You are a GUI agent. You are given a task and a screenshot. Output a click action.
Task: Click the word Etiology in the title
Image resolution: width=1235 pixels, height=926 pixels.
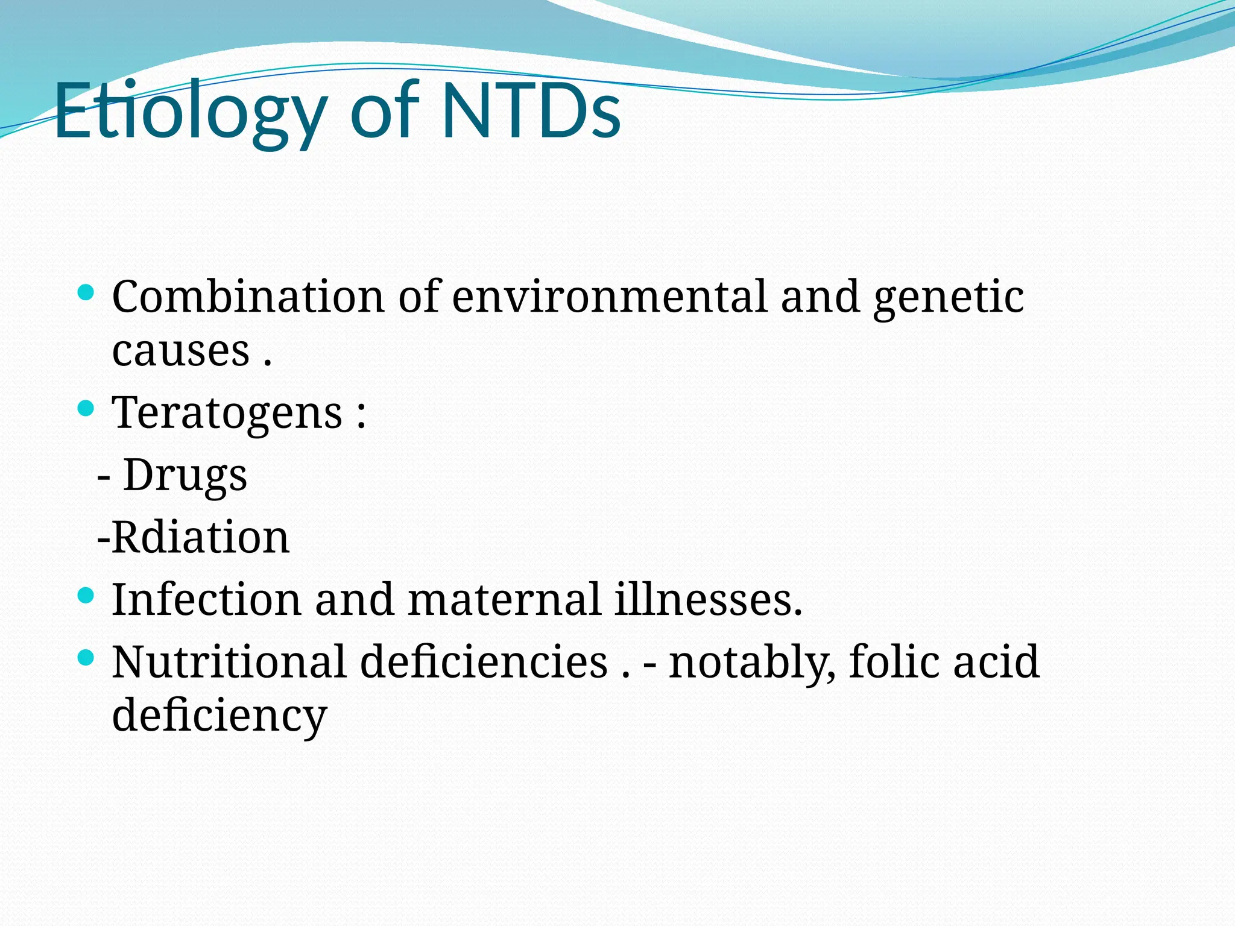(x=190, y=112)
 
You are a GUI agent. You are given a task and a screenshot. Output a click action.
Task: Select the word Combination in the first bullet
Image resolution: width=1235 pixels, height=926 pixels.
(x=248, y=297)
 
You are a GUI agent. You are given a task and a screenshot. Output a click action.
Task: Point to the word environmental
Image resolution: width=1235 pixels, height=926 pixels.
(x=610, y=297)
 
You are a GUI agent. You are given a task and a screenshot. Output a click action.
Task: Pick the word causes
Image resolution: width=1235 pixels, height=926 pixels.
(x=181, y=350)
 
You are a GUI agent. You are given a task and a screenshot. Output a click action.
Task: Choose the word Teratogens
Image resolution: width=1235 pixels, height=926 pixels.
(x=228, y=413)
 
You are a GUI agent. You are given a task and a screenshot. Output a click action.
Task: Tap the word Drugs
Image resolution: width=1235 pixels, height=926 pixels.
(x=185, y=476)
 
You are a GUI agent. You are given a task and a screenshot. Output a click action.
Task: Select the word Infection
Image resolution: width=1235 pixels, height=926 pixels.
(x=206, y=600)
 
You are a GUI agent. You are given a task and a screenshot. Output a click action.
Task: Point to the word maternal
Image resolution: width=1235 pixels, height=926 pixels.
(x=504, y=600)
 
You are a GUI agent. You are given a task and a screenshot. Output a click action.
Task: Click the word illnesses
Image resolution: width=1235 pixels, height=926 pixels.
(x=708, y=600)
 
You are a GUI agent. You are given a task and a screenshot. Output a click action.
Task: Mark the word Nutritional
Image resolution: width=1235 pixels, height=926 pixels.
(x=229, y=662)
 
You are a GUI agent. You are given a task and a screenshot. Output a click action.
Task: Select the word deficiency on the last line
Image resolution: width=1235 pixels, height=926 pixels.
(x=220, y=716)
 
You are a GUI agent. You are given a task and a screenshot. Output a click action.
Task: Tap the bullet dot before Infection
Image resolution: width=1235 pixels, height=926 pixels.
(x=86, y=596)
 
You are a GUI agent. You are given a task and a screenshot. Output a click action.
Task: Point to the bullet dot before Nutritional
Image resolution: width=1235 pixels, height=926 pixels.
(x=86, y=658)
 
